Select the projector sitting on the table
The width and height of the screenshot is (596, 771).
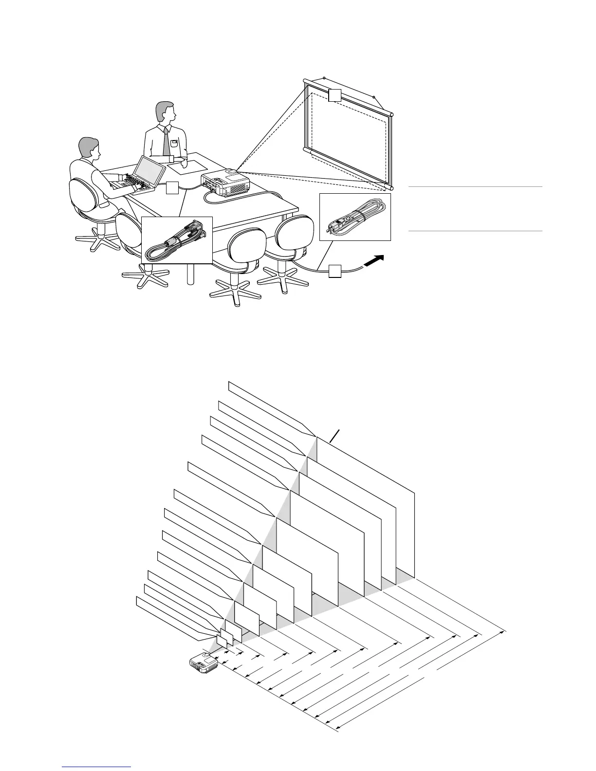click(x=226, y=182)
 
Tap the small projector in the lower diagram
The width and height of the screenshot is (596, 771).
click(x=204, y=663)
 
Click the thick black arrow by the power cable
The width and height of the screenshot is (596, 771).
click(x=374, y=261)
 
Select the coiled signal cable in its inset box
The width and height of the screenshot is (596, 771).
click(x=178, y=240)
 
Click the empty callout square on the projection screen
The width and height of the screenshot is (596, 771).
click(x=334, y=95)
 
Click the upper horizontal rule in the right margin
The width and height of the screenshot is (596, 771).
click(x=475, y=186)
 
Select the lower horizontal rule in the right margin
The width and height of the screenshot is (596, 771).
click(x=475, y=231)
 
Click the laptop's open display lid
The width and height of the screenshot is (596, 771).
click(x=149, y=170)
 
